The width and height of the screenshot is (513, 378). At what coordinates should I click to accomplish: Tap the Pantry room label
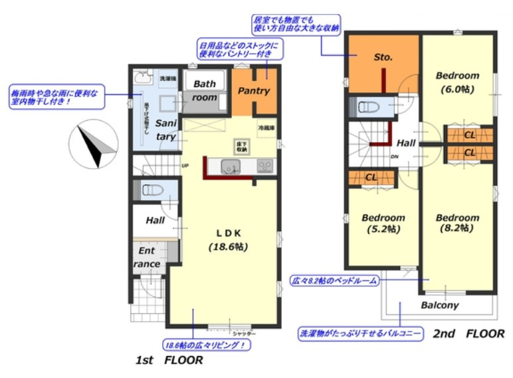tap(253, 91)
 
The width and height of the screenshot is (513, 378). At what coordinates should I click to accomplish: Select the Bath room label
tap(205, 90)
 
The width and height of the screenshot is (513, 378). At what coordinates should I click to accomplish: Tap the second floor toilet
tap(369, 106)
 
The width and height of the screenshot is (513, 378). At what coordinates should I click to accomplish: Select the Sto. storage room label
tap(383, 58)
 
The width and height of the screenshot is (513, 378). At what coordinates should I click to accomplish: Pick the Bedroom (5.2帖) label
tap(383, 223)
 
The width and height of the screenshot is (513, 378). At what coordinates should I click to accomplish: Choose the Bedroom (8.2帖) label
tap(457, 223)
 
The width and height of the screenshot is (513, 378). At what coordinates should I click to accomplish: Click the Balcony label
tap(440, 306)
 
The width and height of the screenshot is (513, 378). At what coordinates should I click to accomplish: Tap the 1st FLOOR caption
tap(169, 361)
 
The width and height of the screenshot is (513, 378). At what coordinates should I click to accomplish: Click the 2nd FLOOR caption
tap(468, 333)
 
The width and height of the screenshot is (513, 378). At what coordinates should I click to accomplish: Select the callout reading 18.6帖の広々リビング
tap(207, 345)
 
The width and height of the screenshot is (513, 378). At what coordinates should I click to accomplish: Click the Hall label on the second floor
tap(406, 143)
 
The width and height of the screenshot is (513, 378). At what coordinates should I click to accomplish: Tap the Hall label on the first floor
tap(155, 220)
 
